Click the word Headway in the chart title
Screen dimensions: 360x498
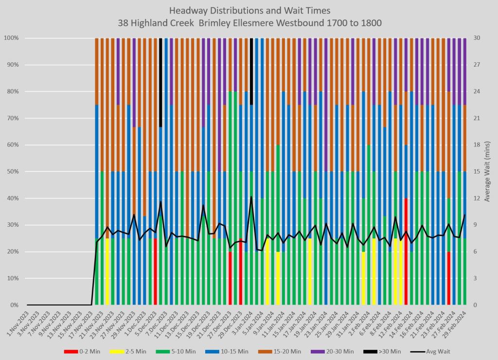[x=188, y=11]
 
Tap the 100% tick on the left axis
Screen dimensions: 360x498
[x=12, y=38]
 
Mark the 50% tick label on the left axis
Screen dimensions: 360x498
[x=13, y=172]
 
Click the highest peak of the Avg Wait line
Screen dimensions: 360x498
[x=251, y=197]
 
